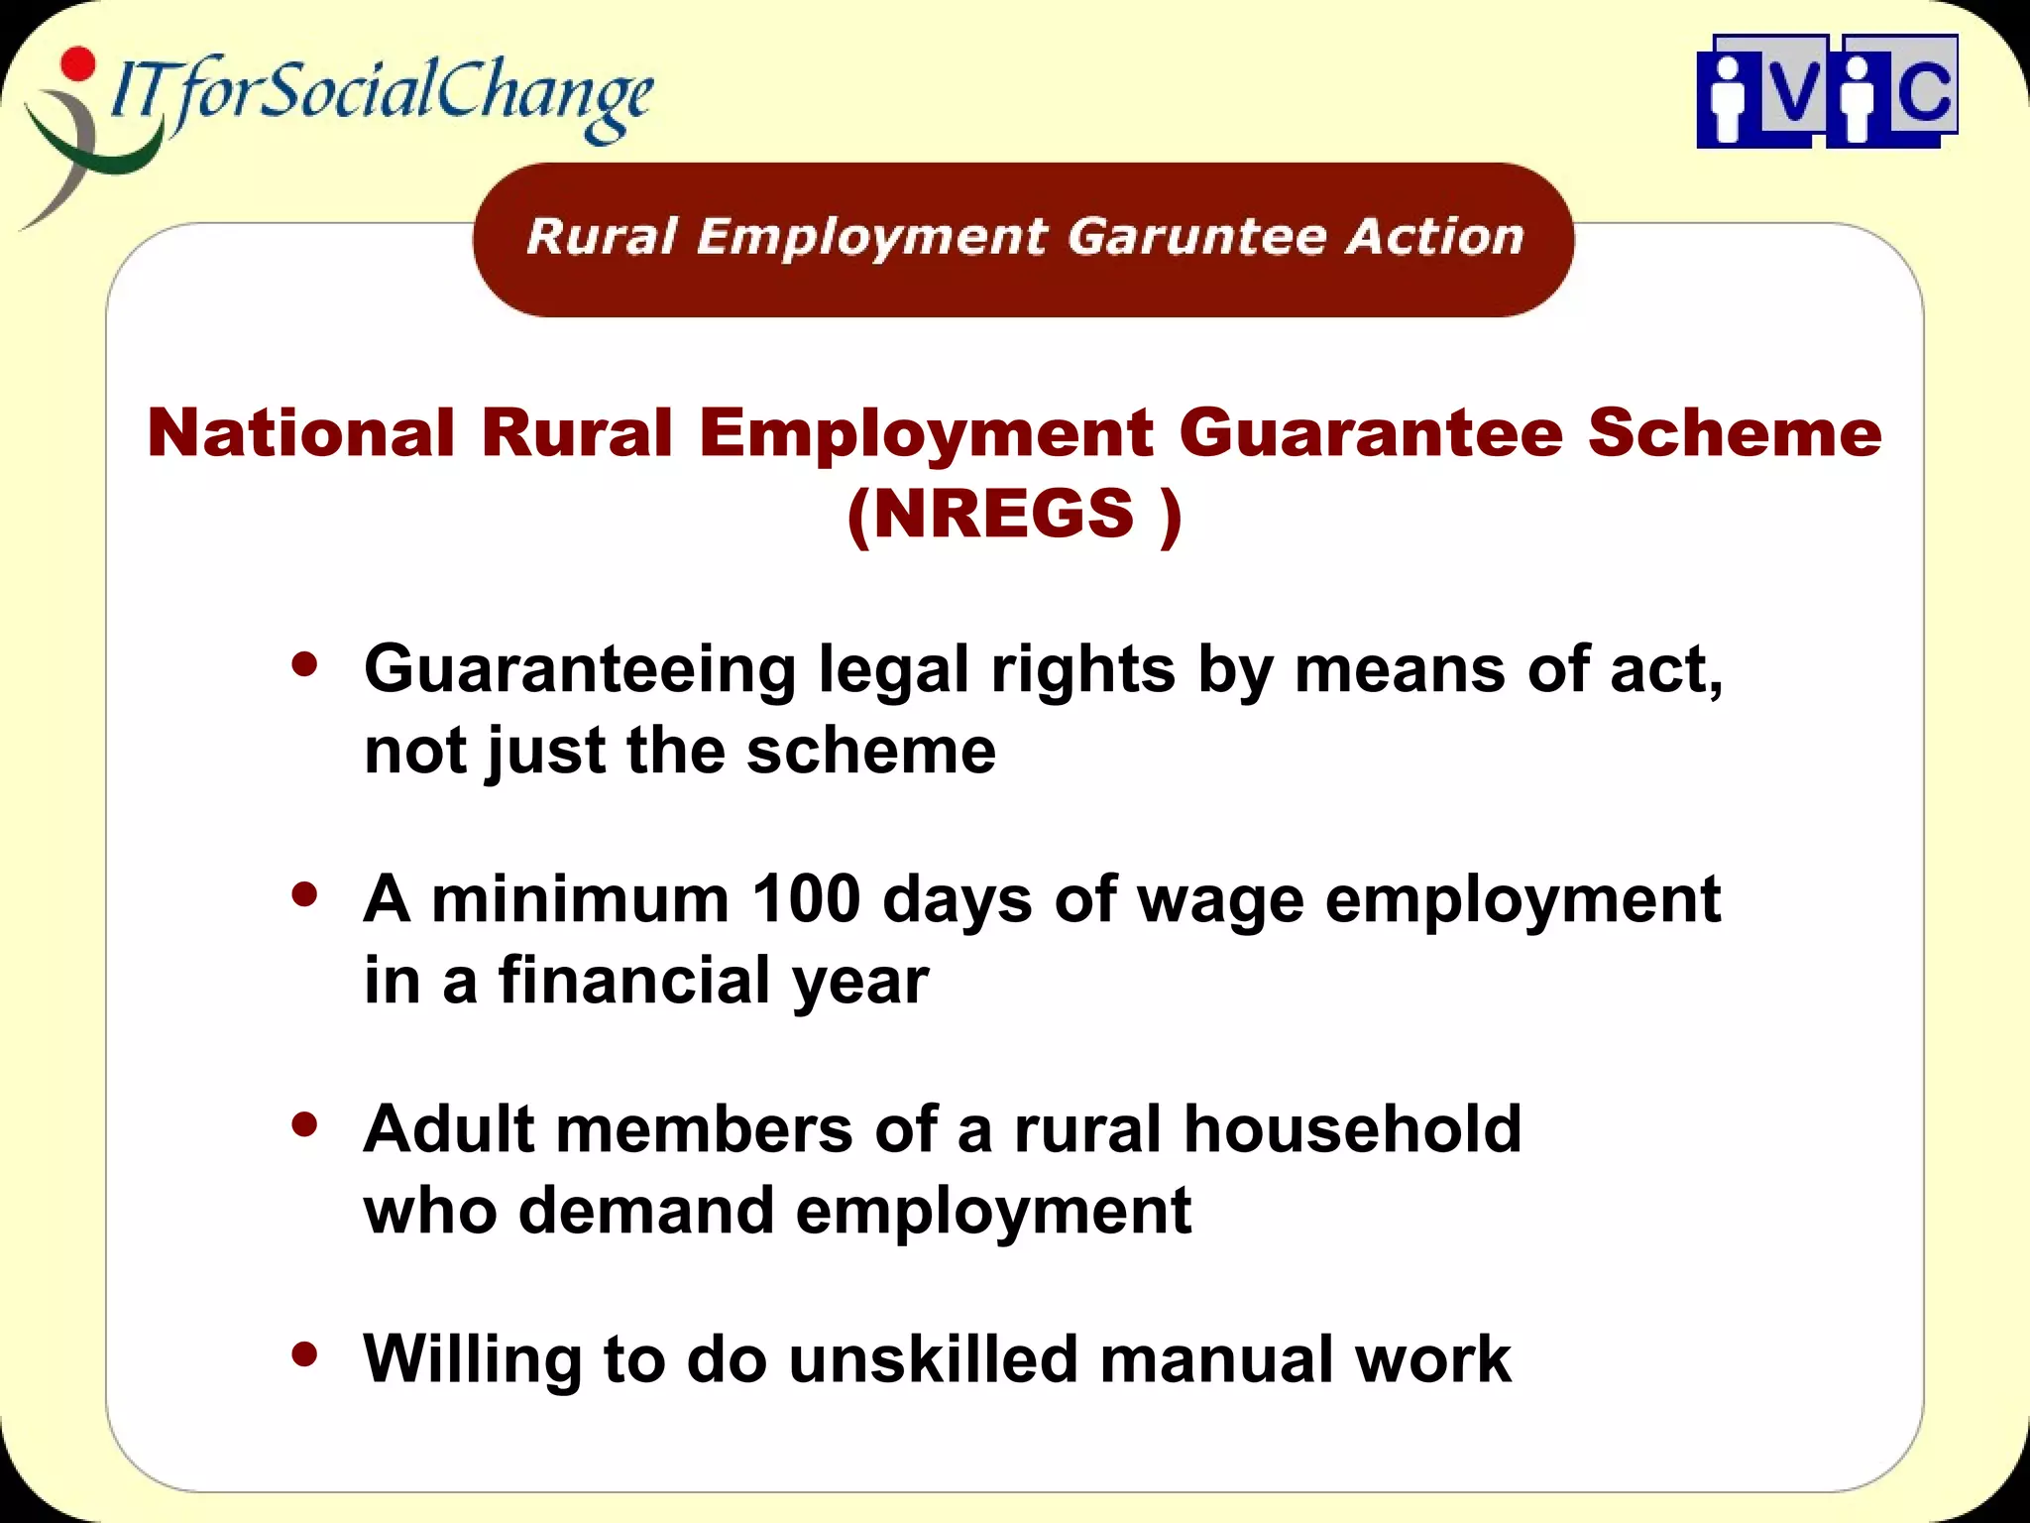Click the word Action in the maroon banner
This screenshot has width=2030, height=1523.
coord(1434,237)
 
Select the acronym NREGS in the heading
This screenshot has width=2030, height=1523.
coord(1003,514)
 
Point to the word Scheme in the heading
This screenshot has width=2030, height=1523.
coord(1734,433)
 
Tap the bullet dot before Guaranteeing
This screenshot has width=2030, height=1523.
coord(305,664)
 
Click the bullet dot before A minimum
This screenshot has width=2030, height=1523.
coord(305,894)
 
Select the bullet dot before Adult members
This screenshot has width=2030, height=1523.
coord(305,1124)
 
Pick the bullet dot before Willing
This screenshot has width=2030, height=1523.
coord(305,1353)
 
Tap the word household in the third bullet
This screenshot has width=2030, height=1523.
coord(1353,1128)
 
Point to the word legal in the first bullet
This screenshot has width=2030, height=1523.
coord(893,670)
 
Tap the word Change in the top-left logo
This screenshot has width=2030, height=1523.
coord(544,94)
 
